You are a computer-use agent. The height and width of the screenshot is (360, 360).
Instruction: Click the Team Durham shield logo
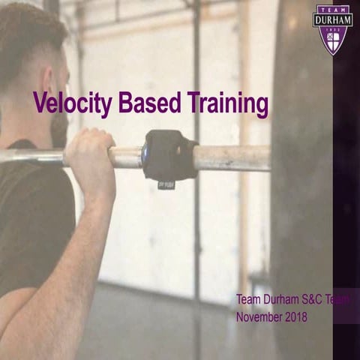click(x=331, y=29)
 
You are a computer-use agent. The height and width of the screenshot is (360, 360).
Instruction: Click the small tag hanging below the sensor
click(x=166, y=183)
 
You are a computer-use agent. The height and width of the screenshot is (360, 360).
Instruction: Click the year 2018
click(x=295, y=316)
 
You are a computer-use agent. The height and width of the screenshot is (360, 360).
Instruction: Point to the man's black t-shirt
click(x=26, y=217)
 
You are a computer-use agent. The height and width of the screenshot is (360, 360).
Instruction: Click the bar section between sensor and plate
click(x=232, y=157)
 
